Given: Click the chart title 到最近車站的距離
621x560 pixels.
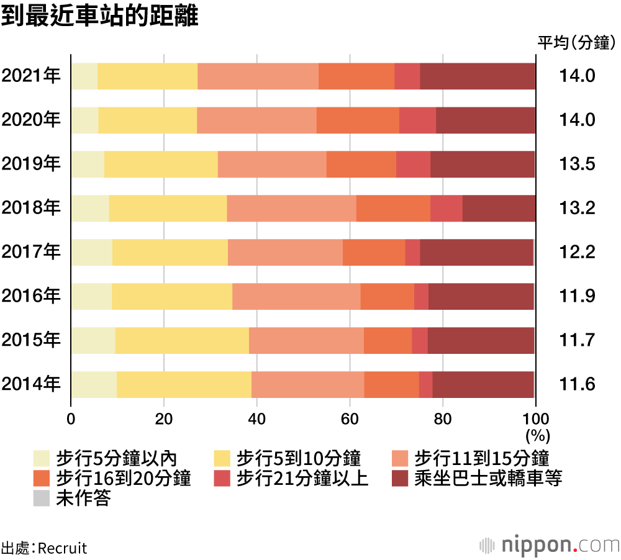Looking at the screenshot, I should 99,17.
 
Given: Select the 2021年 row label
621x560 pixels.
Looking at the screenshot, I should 31,76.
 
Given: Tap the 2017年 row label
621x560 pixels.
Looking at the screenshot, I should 31,252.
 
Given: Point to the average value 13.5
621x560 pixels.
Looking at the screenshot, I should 578,164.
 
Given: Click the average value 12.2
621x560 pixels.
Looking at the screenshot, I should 578,252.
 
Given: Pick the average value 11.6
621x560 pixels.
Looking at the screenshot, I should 578,384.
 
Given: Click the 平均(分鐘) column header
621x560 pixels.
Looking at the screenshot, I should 577,43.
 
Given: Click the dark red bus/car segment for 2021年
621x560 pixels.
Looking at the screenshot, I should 478,76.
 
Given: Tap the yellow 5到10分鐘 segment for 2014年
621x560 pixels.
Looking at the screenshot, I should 184,384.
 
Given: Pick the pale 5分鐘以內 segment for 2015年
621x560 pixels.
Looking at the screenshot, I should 93,340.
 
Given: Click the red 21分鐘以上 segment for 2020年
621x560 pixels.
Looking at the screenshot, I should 417,120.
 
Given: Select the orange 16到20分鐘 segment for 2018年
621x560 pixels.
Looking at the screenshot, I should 393,208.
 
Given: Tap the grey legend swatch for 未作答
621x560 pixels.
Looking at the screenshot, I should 42,499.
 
